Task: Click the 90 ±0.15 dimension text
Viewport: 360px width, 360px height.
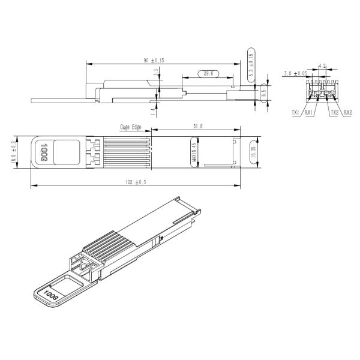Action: (x=154, y=60)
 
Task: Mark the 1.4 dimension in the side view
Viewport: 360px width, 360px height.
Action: (x=154, y=110)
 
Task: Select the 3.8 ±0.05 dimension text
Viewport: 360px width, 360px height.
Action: (x=295, y=73)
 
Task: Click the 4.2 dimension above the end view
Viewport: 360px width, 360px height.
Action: (x=323, y=66)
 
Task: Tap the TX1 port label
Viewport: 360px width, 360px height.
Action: (x=295, y=112)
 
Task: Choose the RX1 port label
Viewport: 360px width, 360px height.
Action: (x=308, y=112)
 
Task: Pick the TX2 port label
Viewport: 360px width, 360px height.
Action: (x=334, y=112)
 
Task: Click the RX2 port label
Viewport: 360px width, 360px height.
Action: (x=347, y=112)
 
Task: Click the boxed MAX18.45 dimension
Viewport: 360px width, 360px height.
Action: (x=194, y=154)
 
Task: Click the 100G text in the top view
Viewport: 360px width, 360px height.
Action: (x=44, y=152)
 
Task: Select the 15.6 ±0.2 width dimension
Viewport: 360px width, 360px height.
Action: (x=13, y=153)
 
